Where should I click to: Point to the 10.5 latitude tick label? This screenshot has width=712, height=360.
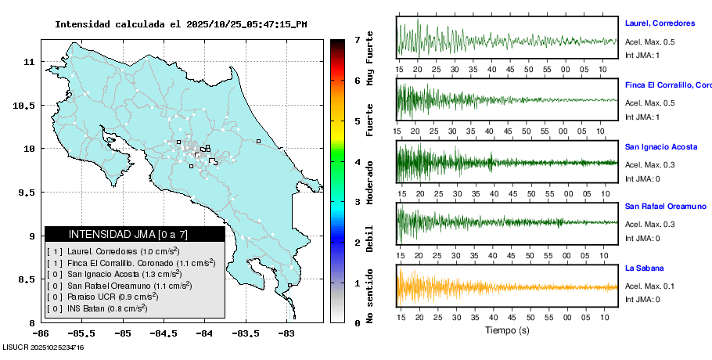[x=27, y=106]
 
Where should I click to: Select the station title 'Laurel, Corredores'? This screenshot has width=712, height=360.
[x=660, y=23]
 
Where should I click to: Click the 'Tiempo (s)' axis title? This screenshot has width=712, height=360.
[x=507, y=331]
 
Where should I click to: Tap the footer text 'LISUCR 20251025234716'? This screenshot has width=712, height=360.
[x=44, y=347]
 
